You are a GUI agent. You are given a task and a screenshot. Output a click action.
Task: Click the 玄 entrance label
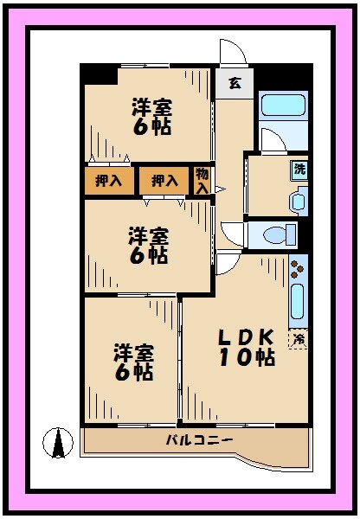pyautogui.click(x=235, y=84)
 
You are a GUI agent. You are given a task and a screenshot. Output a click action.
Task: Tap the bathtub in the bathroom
pyautogui.click(x=283, y=106)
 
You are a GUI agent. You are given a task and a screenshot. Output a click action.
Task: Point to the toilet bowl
pyautogui.click(x=279, y=235)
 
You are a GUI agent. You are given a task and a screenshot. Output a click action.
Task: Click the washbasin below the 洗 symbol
pyautogui.click(x=299, y=202)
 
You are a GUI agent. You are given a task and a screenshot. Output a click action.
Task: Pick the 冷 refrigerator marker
pyautogui.click(x=298, y=339)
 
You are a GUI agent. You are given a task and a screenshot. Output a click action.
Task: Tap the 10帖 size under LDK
pyautogui.click(x=246, y=356)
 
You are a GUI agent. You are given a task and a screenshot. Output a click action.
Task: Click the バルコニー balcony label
pyautogui.click(x=199, y=441)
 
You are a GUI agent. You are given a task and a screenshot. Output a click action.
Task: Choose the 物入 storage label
pyautogui.click(x=202, y=180)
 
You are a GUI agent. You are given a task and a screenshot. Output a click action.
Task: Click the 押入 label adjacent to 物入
pyautogui.click(x=164, y=181)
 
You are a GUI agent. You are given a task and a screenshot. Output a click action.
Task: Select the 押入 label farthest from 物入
pyautogui.click(x=109, y=181)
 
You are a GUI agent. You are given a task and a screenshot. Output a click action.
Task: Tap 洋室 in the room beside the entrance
pyautogui.click(x=151, y=107)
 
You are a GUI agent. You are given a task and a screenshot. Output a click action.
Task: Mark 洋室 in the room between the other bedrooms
pyautogui.click(x=149, y=235)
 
